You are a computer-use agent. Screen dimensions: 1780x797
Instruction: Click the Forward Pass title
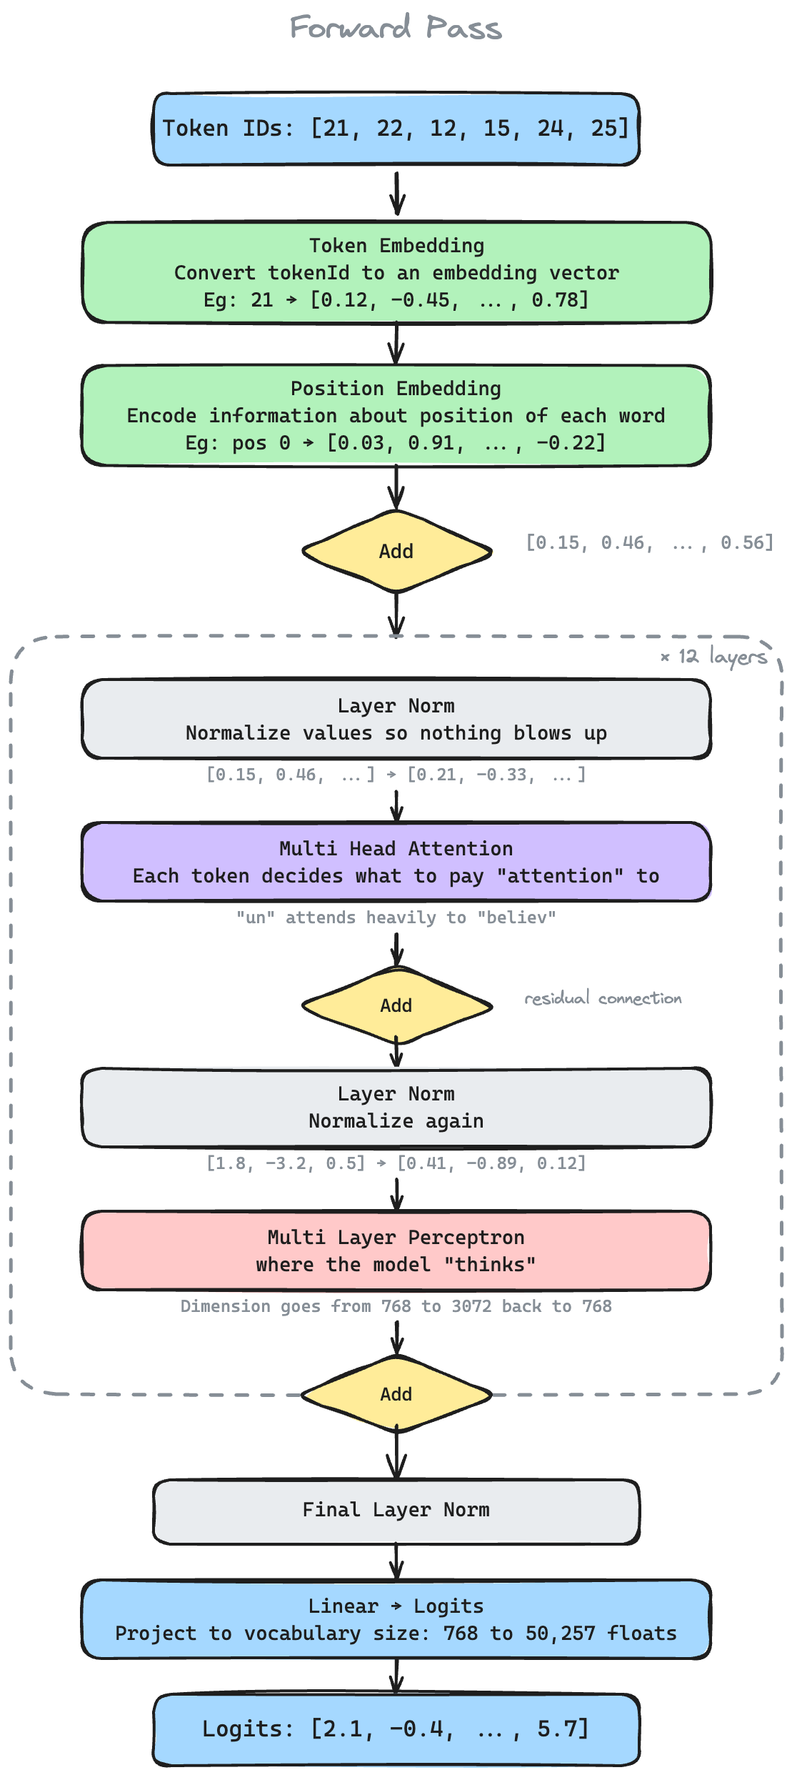pos(396,28)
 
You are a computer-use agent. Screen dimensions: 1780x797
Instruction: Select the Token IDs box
pos(396,129)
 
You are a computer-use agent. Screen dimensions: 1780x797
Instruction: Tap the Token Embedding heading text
pos(396,246)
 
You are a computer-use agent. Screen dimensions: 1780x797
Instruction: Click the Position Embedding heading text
pos(396,389)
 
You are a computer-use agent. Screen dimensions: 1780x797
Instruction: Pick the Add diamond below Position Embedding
pos(396,551)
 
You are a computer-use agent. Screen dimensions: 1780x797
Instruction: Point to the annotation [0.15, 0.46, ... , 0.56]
pos(649,543)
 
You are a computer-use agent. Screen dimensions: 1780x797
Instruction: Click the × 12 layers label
pos(713,656)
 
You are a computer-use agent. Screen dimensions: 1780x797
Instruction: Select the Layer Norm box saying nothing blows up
pos(396,719)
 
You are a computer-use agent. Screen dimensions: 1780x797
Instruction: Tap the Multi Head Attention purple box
pos(396,862)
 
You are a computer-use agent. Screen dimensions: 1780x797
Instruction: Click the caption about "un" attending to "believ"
pos(396,918)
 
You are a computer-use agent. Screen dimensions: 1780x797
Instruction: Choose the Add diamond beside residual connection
pos(396,1005)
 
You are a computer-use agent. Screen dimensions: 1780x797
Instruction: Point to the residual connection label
pos(603,998)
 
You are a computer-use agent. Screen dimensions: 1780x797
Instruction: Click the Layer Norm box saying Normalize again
pos(396,1108)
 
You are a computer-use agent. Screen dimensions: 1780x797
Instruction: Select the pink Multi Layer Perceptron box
pos(396,1251)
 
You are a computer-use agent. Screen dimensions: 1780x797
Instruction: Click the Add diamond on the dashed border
pos(396,1394)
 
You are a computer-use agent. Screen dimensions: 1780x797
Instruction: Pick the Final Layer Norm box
pos(396,1510)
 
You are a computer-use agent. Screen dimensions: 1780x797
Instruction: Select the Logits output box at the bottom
pos(396,1729)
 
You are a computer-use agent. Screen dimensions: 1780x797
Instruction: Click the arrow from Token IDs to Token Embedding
pos(397,193)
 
